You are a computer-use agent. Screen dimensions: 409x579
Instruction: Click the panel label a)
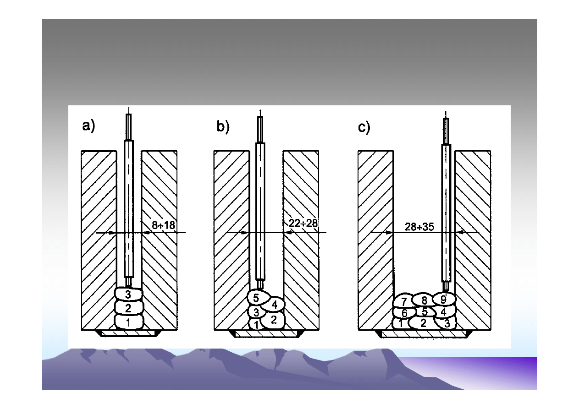[88, 126]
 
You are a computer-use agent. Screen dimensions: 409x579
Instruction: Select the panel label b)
[223, 127]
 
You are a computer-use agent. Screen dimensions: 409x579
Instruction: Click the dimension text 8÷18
[164, 224]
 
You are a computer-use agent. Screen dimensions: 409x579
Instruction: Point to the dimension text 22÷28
[303, 223]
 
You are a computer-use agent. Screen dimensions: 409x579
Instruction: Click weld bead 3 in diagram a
[128, 293]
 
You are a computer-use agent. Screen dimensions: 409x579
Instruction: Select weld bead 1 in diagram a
[128, 322]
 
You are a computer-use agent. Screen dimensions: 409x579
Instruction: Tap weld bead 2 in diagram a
[128, 307]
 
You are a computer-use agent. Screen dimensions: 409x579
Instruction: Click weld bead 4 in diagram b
[274, 304]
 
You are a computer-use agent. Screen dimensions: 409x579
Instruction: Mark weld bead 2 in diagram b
[273, 320]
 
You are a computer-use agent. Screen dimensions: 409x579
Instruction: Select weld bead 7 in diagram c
[404, 301]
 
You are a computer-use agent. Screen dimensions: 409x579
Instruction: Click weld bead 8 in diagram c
[424, 300]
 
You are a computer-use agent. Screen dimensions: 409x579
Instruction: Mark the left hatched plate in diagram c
[375, 238]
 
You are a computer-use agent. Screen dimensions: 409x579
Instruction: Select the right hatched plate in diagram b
[301, 238]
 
